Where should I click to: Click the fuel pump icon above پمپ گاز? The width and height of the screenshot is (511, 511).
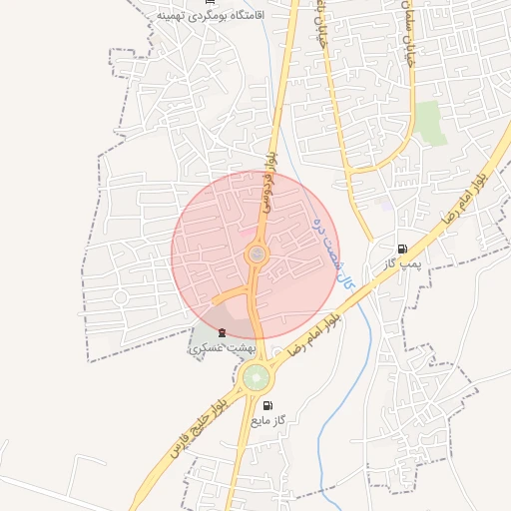click(x=402, y=250)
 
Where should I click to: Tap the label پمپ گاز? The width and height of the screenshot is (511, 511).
click(x=404, y=264)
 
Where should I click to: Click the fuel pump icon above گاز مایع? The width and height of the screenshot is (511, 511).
click(x=267, y=406)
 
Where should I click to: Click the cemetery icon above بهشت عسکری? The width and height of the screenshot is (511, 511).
click(x=222, y=332)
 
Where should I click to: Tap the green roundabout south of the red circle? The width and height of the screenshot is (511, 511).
click(x=255, y=378)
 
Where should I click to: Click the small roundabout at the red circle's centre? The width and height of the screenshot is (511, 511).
click(x=256, y=255)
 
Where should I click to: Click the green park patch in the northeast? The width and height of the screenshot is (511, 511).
click(x=430, y=122)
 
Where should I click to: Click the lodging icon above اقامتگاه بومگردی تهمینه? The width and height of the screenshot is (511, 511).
click(x=210, y=3)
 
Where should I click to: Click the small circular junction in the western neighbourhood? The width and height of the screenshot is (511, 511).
click(x=120, y=296)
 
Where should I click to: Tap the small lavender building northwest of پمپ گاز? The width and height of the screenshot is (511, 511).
click(x=384, y=206)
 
